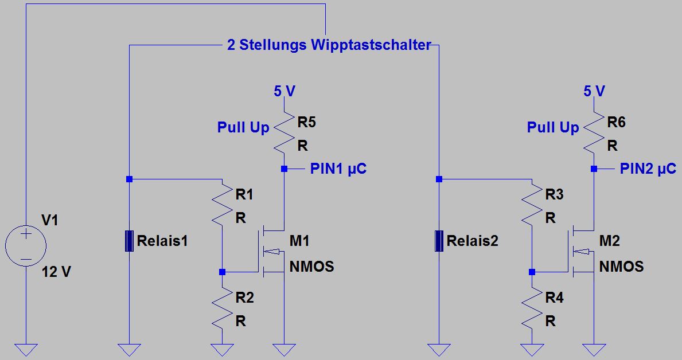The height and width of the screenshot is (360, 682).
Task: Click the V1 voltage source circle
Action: (26, 246)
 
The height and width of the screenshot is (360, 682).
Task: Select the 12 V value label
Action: (56, 272)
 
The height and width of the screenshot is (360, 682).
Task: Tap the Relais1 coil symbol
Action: (129, 241)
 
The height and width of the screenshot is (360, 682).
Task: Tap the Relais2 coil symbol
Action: (439, 241)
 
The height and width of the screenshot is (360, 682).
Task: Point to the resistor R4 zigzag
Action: (532, 310)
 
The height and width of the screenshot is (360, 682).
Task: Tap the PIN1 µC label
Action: (338, 169)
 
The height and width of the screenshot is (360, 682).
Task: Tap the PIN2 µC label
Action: (648, 169)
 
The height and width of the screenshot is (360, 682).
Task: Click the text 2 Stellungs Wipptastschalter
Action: (329, 45)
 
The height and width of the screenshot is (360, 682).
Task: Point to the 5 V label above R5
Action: (284, 91)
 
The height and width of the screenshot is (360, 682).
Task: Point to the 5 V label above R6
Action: (594, 91)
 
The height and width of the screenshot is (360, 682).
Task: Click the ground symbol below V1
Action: (26, 349)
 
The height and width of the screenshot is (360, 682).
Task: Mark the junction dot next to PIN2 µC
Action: (594, 169)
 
